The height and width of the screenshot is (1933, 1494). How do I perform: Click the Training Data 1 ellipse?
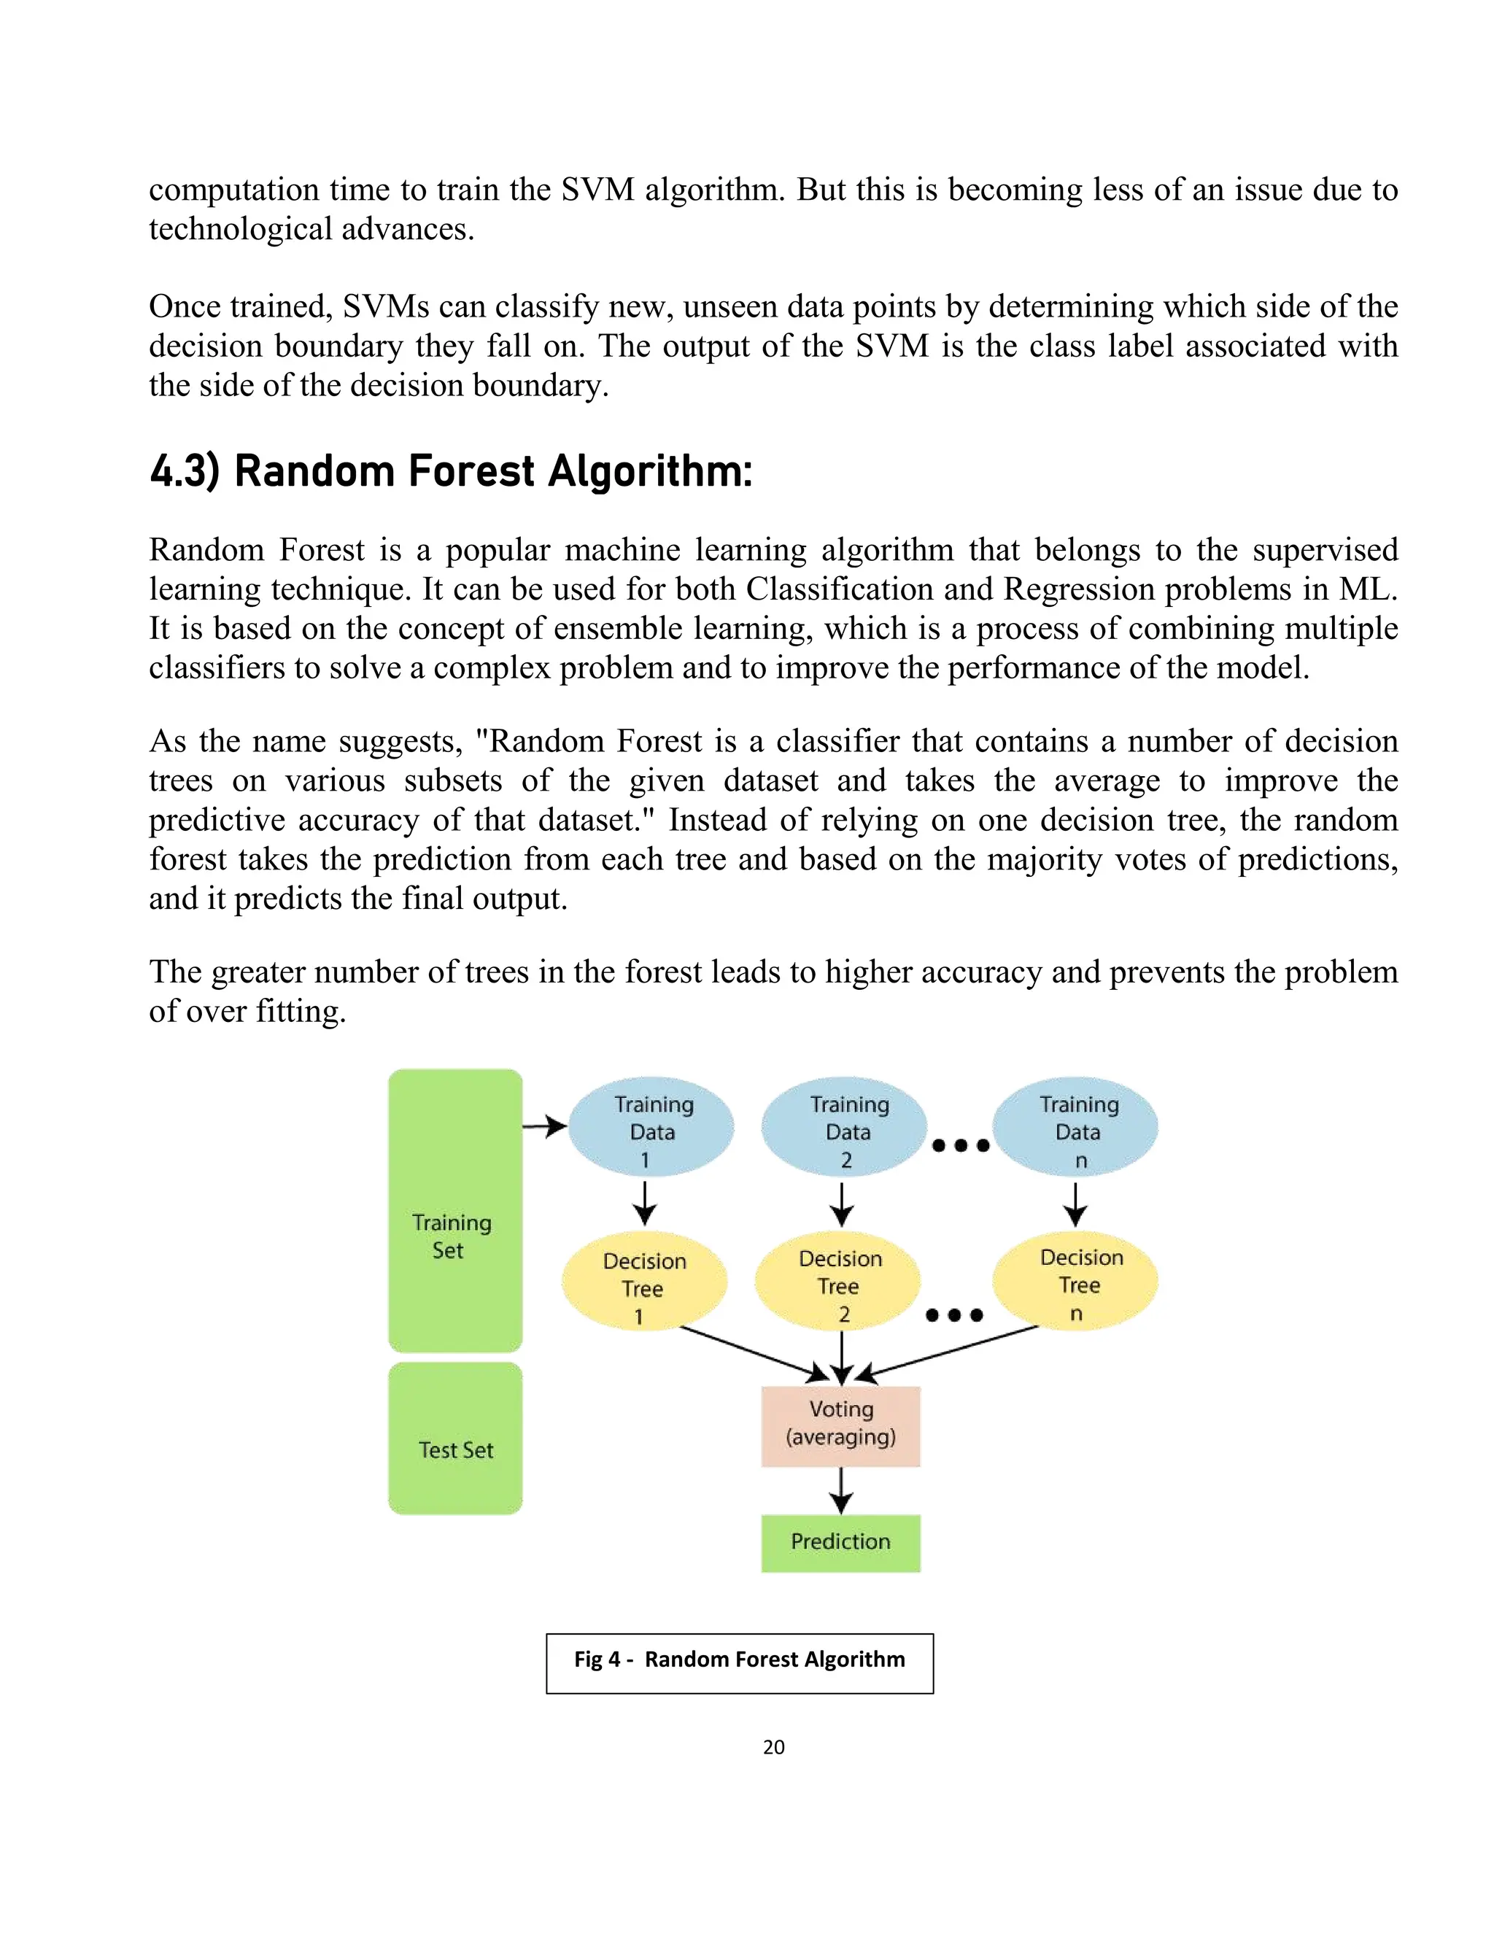tap(651, 1128)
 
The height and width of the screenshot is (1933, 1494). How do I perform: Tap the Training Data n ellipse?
tap(1075, 1128)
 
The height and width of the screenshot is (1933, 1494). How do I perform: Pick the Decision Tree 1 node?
tap(644, 1281)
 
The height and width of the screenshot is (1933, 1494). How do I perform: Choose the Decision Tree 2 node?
tap(837, 1281)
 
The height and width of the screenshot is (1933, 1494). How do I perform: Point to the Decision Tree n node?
tap(1075, 1281)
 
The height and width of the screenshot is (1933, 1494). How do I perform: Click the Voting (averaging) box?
tap(841, 1426)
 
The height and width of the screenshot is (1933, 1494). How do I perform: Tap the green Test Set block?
tap(455, 1438)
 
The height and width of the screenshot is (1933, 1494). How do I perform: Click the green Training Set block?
tap(455, 1210)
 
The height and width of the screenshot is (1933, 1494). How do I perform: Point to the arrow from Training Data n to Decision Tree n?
tap(1075, 1204)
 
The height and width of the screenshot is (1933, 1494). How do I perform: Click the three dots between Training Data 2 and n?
tap(960, 1145)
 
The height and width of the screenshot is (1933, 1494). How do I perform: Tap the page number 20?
tap(773, 1747)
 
